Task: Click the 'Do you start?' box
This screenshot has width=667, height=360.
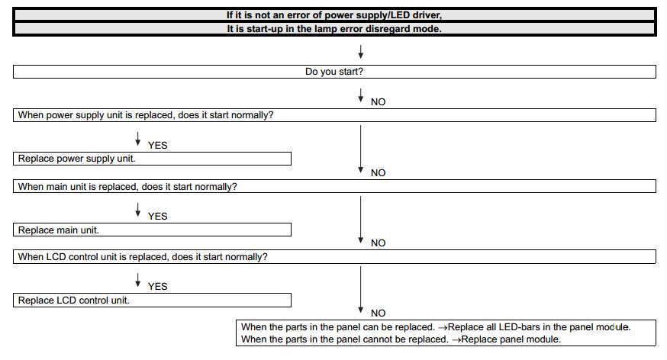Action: click(334, 72)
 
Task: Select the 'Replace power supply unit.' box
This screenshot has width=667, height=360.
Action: click(153, 159)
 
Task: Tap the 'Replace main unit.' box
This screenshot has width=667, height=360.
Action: click(153, 230)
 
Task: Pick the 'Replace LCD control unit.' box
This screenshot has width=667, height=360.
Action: click(153, 300)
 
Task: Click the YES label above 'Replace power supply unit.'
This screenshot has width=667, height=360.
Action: click(157, 146)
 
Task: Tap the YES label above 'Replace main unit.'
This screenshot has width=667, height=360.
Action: click(157, 217)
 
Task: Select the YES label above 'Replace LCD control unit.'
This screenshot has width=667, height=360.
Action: click(157, 287)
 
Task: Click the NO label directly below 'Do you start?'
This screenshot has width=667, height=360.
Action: click(378, 102)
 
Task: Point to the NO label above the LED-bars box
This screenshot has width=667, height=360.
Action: click(378, 313)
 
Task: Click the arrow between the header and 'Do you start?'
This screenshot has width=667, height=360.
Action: click(360, 52)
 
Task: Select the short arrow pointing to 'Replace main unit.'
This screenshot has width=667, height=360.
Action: click(137, 209)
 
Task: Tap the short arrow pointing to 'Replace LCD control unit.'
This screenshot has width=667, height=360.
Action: click(137, 279)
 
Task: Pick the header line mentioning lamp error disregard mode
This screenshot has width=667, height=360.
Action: click(334, 29)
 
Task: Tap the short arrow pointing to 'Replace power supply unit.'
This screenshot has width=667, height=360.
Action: click(137, 138)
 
